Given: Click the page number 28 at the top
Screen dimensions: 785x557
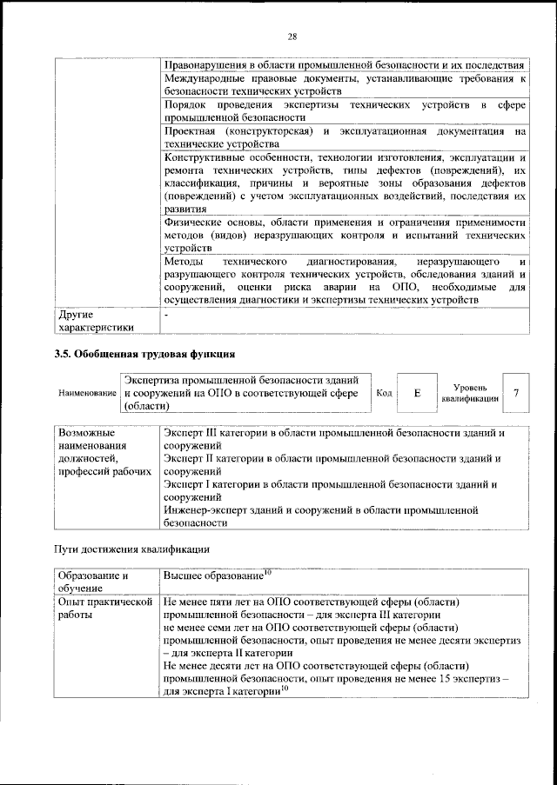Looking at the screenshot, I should coord(292,36).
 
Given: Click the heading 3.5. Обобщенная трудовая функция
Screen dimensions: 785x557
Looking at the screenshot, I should coord(144,355).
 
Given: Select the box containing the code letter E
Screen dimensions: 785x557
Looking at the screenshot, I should coord(418,393).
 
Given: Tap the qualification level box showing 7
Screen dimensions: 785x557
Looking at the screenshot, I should coord(517,393).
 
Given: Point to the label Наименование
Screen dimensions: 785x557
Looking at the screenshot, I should coord(88,394).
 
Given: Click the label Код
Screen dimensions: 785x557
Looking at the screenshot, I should coord(384,394).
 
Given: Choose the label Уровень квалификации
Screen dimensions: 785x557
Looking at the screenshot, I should coord(470,393).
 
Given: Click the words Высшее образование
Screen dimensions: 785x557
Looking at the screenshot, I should coord(212,576).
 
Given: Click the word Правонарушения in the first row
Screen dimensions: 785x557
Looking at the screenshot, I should coord(205,65).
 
